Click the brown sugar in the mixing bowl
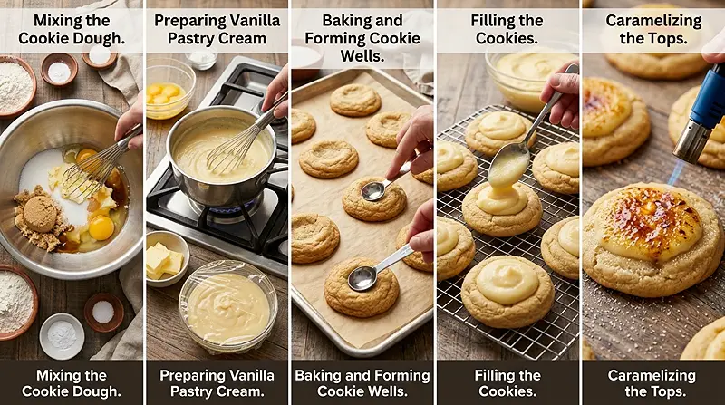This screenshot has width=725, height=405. [38, 215]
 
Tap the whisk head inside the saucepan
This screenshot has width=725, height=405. [230, 149]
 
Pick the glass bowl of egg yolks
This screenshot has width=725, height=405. [169, 87]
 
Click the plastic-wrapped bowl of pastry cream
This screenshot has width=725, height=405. [227, 306]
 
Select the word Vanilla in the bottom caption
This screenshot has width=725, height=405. [243, 375]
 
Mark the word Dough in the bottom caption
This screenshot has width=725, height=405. [96, 391]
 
